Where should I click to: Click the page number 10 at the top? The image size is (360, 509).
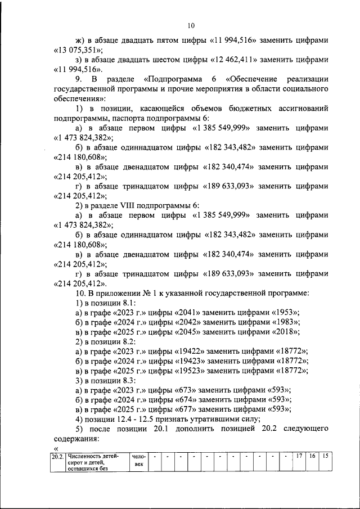click(x=191, y=25)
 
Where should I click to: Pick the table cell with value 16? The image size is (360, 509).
click(x=312, y=456)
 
